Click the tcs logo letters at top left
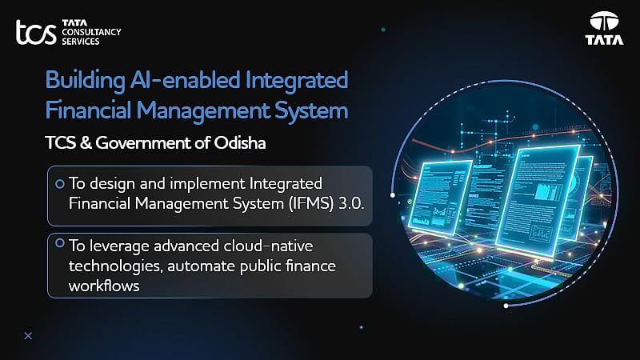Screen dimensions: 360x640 (35, 33)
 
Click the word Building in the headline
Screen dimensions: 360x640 (81, 82)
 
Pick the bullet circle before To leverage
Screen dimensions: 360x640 (59, 242)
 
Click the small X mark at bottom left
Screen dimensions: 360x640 (28, 336)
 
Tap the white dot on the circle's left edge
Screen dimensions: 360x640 (392, 195)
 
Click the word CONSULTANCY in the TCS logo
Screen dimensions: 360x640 (91, 33)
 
